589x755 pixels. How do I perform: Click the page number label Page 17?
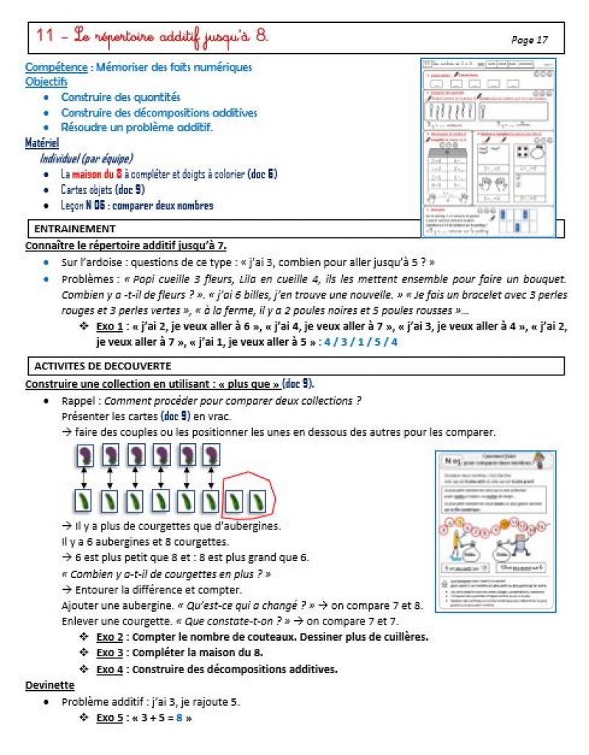tap(529, 41)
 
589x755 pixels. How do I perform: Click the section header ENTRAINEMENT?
tap(74, 229)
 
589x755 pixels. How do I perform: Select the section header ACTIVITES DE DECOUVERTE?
tap(103, 366)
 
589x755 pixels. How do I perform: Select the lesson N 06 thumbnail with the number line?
tap(495, 531)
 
